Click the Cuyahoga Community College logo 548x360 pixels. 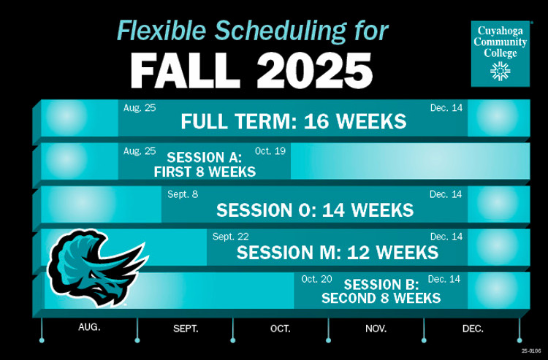point(500,54)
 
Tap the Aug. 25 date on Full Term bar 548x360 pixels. point(140,108)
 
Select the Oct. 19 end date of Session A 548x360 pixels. point(270,151)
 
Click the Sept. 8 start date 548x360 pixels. point(183,194)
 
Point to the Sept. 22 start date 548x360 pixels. point(230,237)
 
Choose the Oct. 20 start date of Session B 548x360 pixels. point(316,279)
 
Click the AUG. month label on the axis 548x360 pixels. point(89,327)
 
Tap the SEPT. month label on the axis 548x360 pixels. point(186,329)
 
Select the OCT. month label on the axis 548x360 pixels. point(281,329)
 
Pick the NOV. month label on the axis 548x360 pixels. point(376,329)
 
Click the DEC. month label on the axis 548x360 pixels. point(473,329)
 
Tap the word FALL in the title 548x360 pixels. point(185,70)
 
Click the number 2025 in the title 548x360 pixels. point(314,70)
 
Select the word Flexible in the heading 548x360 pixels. point(161,31)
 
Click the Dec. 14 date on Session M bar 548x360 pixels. point(446,237)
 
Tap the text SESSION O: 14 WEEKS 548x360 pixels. point(314,210)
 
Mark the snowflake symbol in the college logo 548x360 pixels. point(500,71)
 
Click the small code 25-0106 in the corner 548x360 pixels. point(531,351)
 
